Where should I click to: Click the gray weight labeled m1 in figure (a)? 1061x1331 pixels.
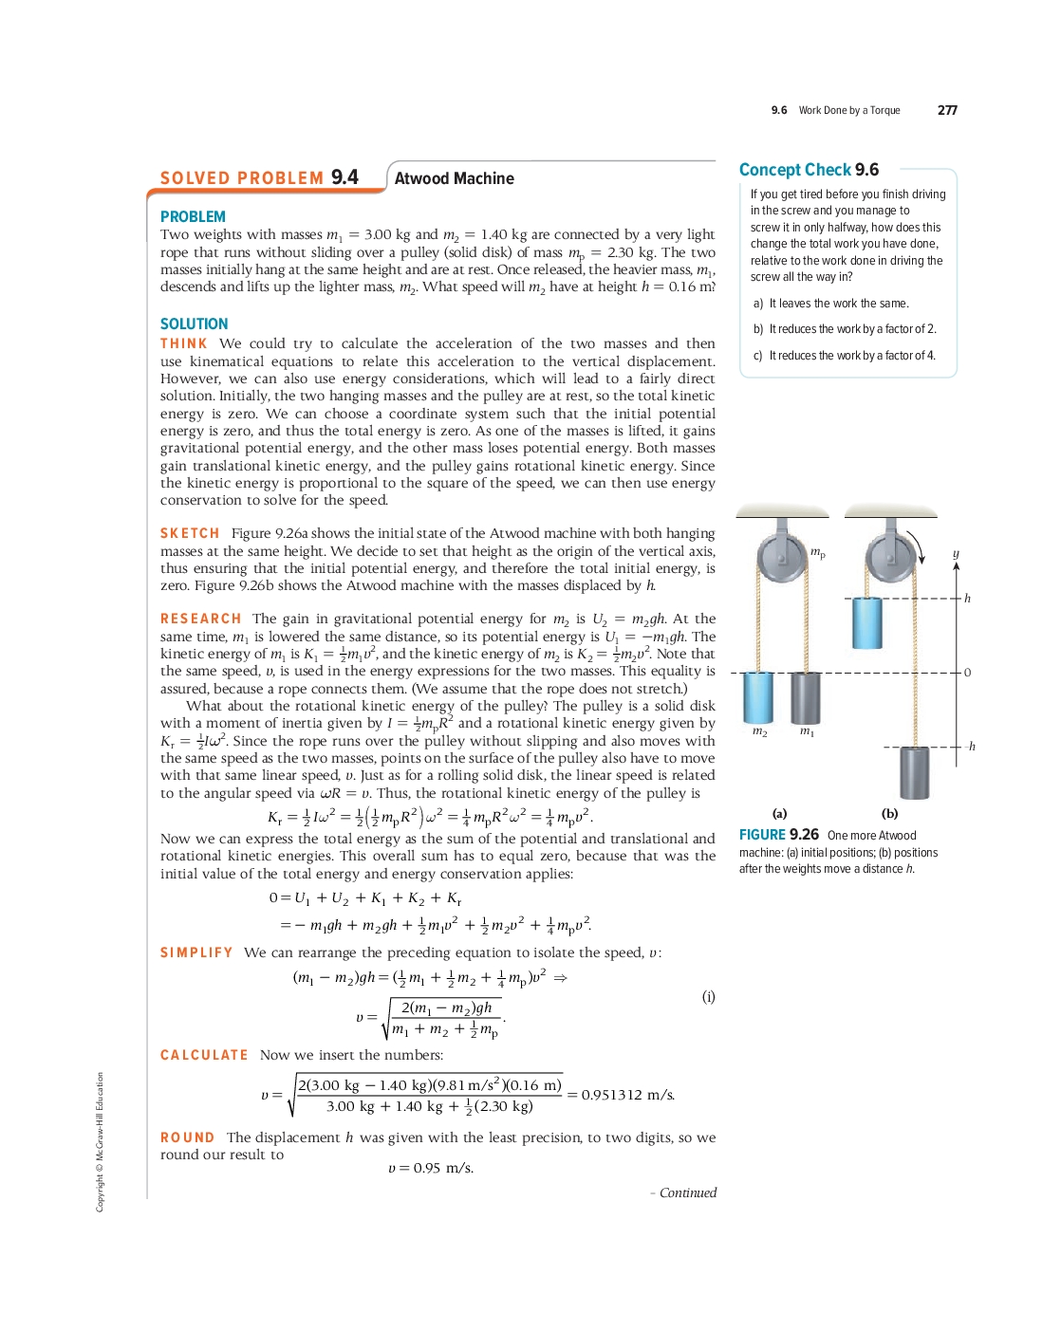click(x=805, y=697)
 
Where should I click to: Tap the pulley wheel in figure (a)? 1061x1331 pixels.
click(x=782, y=552)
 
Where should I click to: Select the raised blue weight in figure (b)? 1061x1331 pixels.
click(x=866, y=622)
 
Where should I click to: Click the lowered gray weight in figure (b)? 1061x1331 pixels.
click(x=914, y=772)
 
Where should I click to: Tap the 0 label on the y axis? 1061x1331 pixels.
click(x=967, y=673)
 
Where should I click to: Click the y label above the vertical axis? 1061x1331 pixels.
click(x=956, y=553)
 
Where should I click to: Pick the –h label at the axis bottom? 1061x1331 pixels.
click(x=970, y=747)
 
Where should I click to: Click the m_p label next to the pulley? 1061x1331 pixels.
click(x=817, y=552)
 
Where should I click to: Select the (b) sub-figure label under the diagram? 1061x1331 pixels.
click(x=889, y=813)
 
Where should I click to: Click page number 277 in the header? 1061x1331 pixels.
click(x=947, y=110)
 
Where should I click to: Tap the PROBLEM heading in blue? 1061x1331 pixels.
click(x=193, y=217)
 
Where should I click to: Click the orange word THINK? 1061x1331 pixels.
click(x=184, y=343)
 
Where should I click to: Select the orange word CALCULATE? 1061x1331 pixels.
click(x=204, y=1055)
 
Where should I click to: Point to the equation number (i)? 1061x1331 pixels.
click(x=708, y=996)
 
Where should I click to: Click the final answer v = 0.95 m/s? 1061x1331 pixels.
click(x=431, y=1168)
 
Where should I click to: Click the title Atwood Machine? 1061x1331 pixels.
click(x=454, y=178)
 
